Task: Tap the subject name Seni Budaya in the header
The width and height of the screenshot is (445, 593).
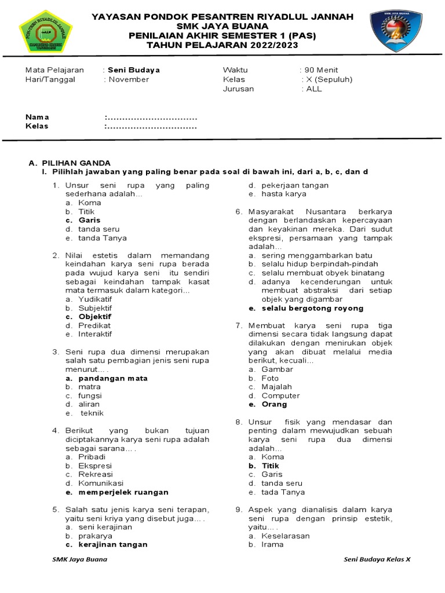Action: (x=134, y=70)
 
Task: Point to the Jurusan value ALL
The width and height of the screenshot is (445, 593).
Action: (x=313, y=89)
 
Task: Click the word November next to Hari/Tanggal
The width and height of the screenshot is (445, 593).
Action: (x=129, y=79)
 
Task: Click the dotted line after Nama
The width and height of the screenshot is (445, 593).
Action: (x=152, y=117)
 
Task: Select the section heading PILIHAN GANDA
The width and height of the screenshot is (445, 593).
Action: (x=74, y=163)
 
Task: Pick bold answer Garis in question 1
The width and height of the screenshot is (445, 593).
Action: (x=89, y=220)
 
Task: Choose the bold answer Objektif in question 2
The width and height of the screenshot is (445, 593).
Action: (x=94, y=317)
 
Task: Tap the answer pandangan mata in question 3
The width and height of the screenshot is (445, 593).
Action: (x=113, y=378)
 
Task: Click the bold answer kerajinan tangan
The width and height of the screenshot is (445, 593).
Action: (x=113, y=544)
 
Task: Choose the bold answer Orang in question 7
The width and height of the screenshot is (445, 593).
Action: (x=275, y=404)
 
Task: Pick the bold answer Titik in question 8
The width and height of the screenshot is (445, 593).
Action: (x=270, y=466)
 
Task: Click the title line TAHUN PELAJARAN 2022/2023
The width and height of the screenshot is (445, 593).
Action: (x=222, y=44)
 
